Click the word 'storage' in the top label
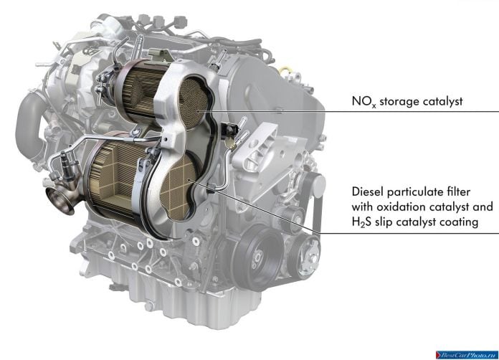[399, 102]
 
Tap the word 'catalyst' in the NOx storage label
[442, 102]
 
